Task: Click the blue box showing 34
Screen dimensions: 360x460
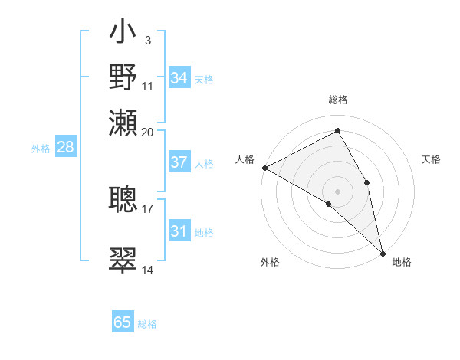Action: pos(179,78)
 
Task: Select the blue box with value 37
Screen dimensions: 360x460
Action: pos(179,163)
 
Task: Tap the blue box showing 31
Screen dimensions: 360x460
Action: pos(179,231)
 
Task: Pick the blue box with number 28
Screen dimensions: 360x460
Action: pos(65,148)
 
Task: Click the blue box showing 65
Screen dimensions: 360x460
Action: pos(123,322)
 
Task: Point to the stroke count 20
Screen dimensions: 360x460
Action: pos(148,133)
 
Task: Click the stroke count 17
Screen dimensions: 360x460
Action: pos(148,208)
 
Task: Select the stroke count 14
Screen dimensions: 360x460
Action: pos(148,270)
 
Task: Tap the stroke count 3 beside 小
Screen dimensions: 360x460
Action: pos(147,40)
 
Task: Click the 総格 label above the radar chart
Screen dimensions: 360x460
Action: pos(338,100)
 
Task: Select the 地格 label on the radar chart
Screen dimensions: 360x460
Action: pos(402,262)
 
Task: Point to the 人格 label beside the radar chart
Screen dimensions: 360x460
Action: pos(245,159)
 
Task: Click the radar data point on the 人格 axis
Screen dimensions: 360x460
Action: pos(264,168)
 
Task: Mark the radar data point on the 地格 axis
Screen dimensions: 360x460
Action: pos(383,253)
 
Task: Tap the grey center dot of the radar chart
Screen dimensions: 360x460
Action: pos(338,191)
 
